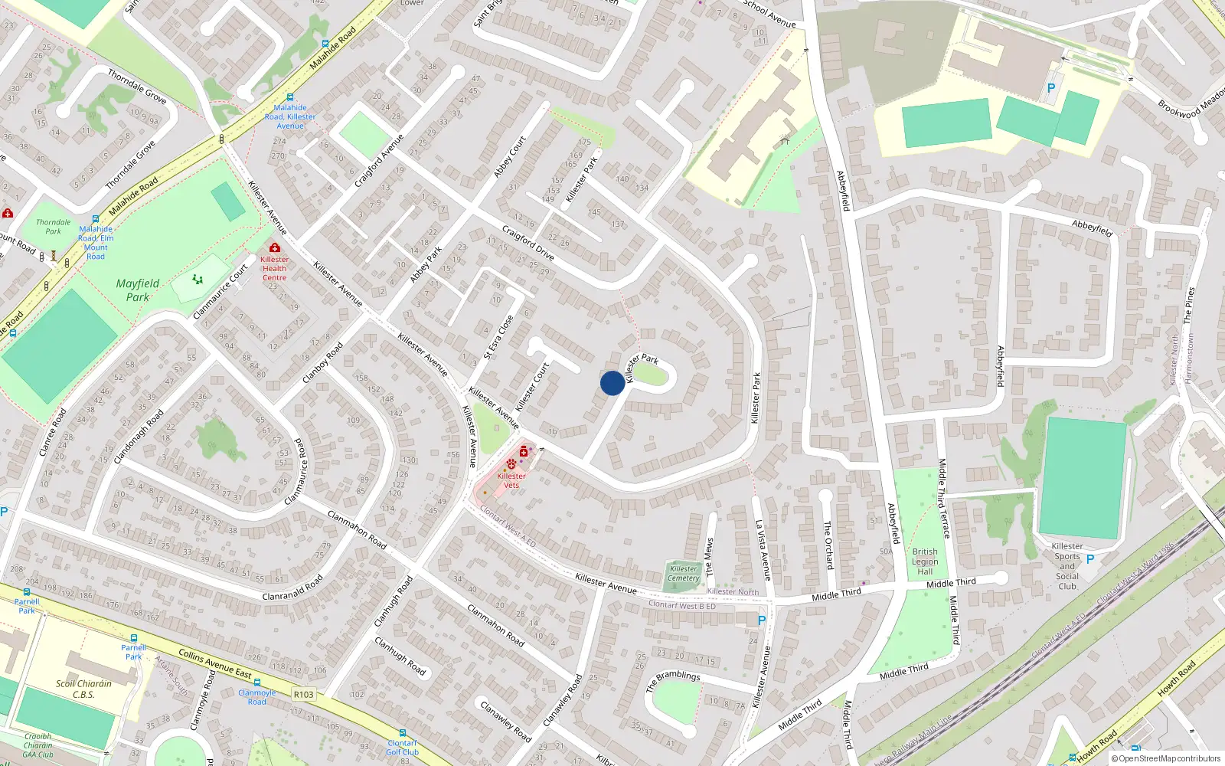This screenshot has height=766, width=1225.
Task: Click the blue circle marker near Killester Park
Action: (612, 383)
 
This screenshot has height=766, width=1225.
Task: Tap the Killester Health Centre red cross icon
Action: (275, 247)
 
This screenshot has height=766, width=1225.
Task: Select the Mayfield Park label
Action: (138, 290)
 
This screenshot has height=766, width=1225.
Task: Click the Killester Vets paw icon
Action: (511, 464)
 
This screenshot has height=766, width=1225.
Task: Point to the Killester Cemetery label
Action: (683, 573)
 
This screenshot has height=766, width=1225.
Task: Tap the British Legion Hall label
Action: (925, 561)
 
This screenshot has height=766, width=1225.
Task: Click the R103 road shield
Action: (303, 694)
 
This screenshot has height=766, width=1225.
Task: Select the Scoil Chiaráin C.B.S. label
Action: (83, 689)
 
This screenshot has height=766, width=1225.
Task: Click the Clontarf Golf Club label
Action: (402, 747)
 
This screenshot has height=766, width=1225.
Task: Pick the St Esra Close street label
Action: (498, 337)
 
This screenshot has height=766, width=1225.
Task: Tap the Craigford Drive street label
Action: (528, 242)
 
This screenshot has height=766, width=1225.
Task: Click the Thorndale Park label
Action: (53, 227)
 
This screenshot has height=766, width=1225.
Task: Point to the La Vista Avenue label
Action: (763, 550)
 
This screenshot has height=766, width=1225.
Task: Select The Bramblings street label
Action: (673, 680)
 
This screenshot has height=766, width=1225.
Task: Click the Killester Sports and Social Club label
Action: (1067, 566)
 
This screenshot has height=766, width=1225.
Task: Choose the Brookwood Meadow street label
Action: (1191, 104)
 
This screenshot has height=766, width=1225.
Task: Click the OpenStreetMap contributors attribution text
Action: (1165, 758)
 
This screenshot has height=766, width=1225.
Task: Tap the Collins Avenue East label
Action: (215, 663)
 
